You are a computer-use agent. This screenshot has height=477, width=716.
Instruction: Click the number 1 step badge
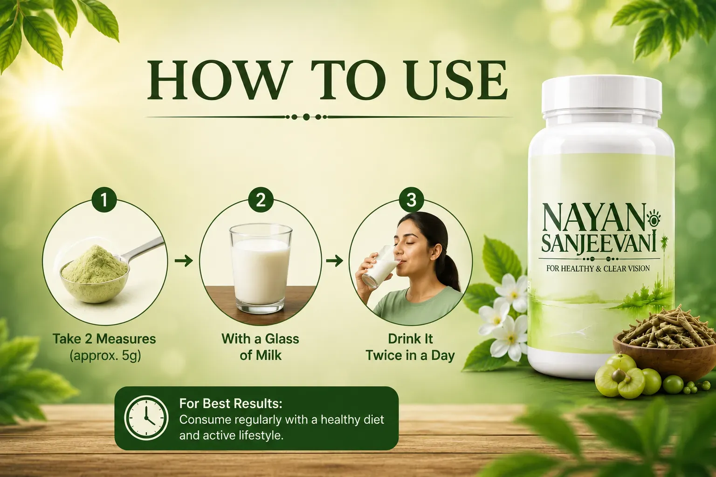point(104,200)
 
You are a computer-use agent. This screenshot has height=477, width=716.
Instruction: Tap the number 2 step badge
point(261,200)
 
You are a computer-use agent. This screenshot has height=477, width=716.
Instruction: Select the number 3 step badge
point(412,200)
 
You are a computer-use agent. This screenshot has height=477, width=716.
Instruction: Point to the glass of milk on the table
point(261,268)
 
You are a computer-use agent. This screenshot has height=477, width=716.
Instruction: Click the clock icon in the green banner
point(146,418)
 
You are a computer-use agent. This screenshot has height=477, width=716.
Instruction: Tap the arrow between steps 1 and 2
point(184,261)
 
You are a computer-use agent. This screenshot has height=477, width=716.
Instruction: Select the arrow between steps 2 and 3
point(334,261)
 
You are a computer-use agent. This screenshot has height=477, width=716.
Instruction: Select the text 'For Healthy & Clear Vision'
point(598,268)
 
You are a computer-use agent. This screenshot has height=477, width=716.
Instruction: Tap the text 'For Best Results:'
point(231,403)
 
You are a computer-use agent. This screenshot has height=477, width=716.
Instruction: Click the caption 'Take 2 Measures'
point(104,339)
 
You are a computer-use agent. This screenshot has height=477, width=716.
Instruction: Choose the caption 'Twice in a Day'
point(410,355)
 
